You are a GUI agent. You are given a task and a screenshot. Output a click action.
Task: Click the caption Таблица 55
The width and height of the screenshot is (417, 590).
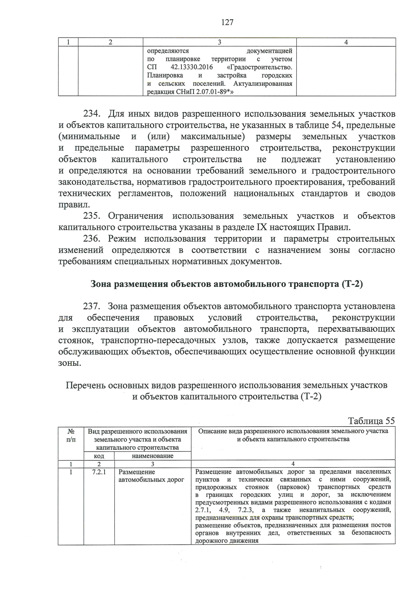point(371,421)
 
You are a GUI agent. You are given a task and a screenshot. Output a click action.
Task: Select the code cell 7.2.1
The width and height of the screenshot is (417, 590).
point(99,472)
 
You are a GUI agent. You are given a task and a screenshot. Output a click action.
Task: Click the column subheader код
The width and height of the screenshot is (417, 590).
point(99,456)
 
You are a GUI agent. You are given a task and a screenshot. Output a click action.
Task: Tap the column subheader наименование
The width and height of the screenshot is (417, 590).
point(153,456)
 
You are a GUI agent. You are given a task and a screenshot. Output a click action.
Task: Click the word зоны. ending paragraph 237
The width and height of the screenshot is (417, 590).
point(70,363)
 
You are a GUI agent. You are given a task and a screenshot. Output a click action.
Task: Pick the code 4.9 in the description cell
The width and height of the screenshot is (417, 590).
point(223,510)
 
